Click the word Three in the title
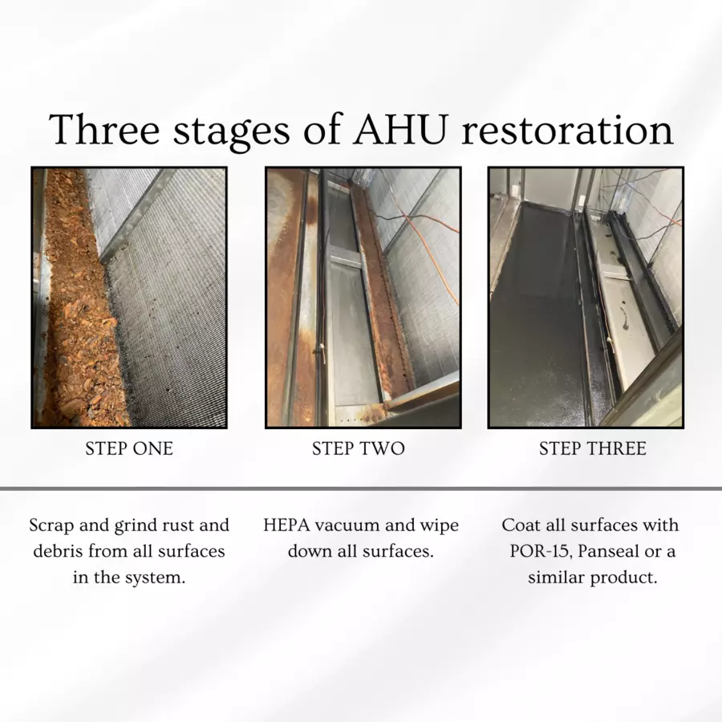104,129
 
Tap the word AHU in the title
400,129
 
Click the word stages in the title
232,133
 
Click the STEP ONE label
129,448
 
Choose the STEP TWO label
359,448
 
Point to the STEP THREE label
593,448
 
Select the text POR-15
541,551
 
